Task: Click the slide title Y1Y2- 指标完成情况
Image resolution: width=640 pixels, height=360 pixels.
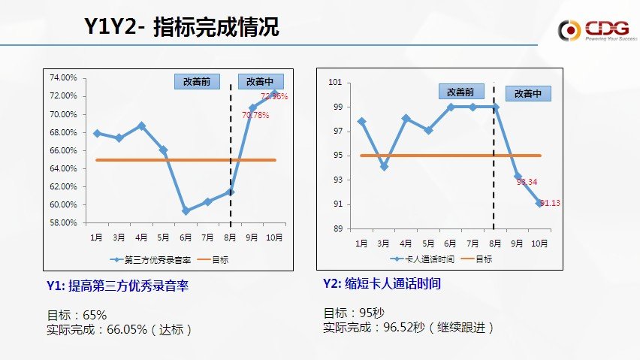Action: pos(181,28)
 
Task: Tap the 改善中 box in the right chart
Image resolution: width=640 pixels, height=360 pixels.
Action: pos(528,93)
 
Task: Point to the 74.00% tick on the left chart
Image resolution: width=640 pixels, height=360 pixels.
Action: pos(63,77)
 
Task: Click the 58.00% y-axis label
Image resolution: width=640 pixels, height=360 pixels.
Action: pos(63,222)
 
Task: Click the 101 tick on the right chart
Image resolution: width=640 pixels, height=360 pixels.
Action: pos(336,83)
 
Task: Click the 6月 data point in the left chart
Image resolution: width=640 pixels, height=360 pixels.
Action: pos(186,211)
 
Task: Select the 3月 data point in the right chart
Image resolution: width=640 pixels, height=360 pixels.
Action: pos(384,167)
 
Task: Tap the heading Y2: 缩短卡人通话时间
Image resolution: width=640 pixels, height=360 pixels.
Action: pos(382,283)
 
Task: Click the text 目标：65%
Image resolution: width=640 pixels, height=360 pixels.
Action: pos(77,314)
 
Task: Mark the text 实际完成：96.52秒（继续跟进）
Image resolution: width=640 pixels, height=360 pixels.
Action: pos(409,328)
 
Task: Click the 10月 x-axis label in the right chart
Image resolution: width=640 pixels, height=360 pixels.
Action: pos(539,244)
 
